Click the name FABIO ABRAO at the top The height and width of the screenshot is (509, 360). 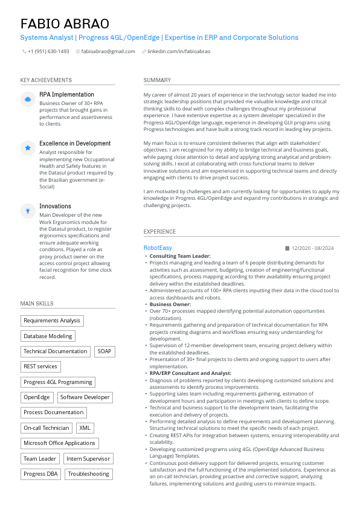tap(65, 24)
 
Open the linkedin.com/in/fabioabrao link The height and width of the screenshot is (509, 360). tap(179, 52)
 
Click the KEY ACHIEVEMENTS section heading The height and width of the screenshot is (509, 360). tap(46, 80)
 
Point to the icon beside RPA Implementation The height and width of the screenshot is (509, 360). tap(28, 98)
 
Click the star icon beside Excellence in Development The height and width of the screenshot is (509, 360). tap(28, 147)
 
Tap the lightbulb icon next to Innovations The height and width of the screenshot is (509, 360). tap(28, 210)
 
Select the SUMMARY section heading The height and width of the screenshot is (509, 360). tap(157, 80)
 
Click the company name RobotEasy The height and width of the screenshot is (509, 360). tap(158, 248)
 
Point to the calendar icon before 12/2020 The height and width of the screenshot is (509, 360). tap(287, 248)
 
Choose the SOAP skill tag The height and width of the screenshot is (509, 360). tap(104, 351)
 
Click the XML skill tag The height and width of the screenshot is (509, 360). tap(85, 428)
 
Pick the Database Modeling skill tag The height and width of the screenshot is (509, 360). tap(48, 336)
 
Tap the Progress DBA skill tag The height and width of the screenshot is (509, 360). tap(40, 474)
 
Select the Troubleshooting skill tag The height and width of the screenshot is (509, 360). tap(88, 474)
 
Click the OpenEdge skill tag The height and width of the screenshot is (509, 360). tap(36, 397)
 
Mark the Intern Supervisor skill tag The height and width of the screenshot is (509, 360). tap(88, 459)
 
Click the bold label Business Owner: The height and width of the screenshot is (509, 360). tap(170, 304)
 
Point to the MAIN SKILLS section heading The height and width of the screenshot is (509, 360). tap(37, 304)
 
